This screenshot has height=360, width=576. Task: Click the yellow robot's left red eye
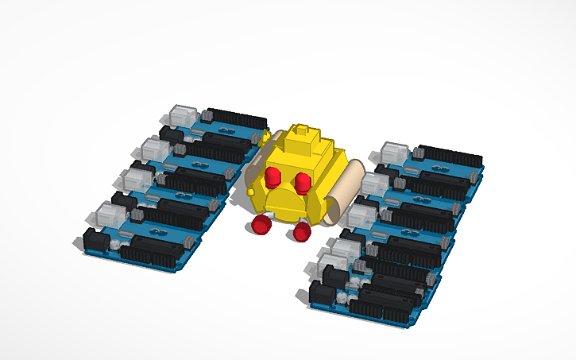click(x=273, y=176)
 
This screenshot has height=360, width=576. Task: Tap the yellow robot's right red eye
click(x=303, y=183)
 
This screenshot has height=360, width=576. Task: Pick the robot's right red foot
click(x=302, y=231)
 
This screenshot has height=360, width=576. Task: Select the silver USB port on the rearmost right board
click(x=395, y=152)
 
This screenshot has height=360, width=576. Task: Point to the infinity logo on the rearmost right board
click(x=438, y=167)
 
